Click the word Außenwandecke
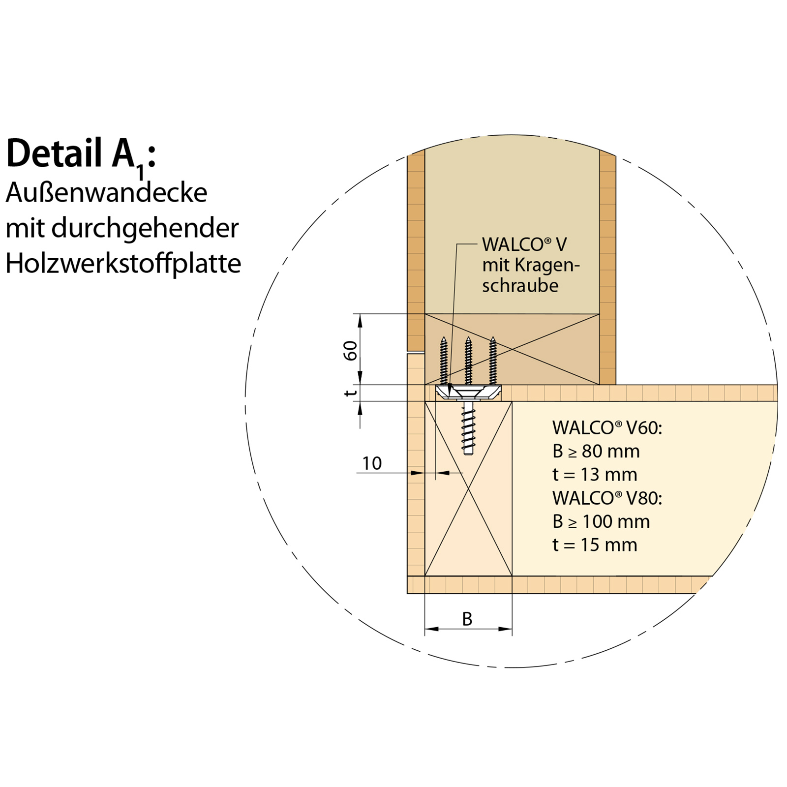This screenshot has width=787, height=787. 106,192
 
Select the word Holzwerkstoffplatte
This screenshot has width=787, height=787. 123,264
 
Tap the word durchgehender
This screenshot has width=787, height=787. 145,228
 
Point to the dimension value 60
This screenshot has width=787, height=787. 350,350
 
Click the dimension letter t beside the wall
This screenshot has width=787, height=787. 350,393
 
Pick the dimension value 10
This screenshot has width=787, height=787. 372,463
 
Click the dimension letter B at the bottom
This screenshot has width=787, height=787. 467,619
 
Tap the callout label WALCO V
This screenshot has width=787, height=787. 524,244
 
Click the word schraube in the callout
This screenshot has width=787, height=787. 520,286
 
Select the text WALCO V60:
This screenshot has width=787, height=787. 607,428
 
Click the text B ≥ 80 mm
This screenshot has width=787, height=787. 596,452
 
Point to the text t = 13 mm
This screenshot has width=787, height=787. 595,475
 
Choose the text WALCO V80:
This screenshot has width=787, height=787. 607,498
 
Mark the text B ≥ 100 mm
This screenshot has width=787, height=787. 601,522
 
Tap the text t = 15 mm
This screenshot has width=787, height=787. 595,545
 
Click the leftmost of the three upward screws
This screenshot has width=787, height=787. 444,361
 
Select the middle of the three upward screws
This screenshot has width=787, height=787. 468,361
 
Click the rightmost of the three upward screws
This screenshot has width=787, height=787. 493,361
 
